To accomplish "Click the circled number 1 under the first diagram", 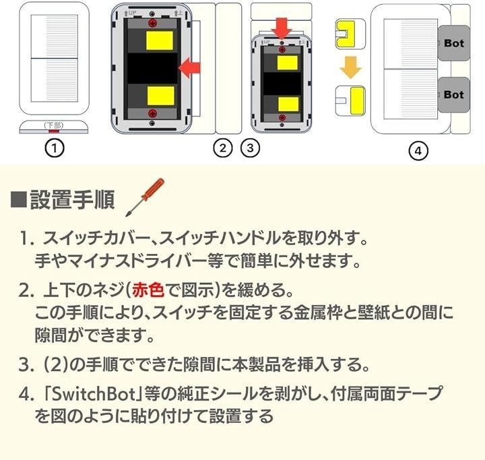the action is tap(55, 148).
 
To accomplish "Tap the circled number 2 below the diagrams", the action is tap(223, 148).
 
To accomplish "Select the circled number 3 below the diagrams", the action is tap(250, 148).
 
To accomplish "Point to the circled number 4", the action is tap(418, 151).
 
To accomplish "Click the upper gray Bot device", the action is tap(454, 43).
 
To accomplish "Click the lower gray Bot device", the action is tap(454, 95).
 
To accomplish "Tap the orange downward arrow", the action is tap(350, 67).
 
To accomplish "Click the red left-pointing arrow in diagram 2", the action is tap(189, 68).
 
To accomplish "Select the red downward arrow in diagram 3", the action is tap(282, 28).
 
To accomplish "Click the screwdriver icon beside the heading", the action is tap(145, 197).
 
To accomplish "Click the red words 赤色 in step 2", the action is tap(148, 290).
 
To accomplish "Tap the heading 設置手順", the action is tap(72, 200).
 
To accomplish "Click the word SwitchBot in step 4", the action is tap(93, 394).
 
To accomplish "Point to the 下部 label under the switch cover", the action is tap(54, 125).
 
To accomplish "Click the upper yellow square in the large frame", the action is tap(160, 40).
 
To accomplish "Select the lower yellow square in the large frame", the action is tap(161, 96).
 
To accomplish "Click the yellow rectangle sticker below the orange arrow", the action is tap(357, 100).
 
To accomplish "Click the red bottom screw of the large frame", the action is tap(152, 113).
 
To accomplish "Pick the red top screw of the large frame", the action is tap(152, 23).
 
